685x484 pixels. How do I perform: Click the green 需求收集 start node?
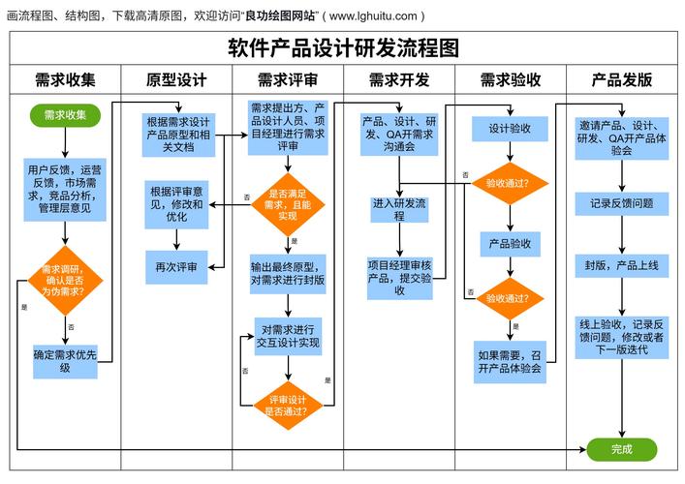[x=65, y=115]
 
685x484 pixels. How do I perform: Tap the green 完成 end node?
[x=621, y=449]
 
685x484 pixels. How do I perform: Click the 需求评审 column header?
[x=288, y=79]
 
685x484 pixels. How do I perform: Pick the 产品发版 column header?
[x=621, y=79]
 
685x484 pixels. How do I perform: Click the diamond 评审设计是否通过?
[x=288, y=406]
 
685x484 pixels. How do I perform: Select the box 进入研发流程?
[x=399, y=210]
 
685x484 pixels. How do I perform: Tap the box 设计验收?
[x=510, y=129]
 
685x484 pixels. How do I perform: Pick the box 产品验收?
[x=510, y=244]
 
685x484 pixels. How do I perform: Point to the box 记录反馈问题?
[x=621, y=203]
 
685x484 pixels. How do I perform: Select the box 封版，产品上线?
[x=621, y=264]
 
